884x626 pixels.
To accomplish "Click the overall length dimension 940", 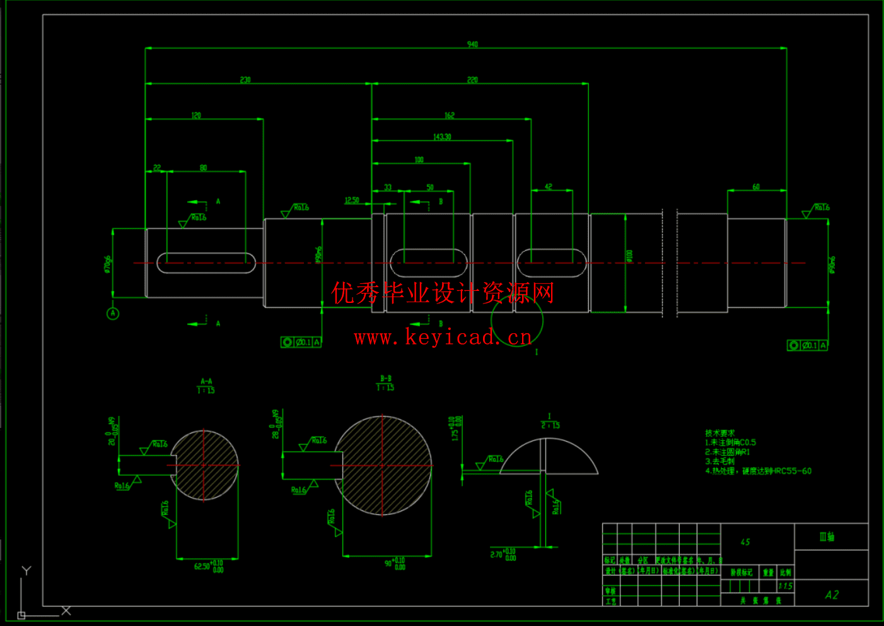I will coord(472,44).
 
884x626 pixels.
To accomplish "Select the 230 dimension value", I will coord(245,80).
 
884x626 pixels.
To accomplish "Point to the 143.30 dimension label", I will coord(442,137).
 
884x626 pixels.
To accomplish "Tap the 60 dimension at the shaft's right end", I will coord(756,187).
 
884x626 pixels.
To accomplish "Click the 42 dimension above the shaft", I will coord(549,187).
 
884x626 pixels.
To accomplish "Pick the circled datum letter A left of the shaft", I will coord(113,313).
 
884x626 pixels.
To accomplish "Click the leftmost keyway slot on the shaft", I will coord(206,263).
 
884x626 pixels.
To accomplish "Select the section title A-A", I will coord(206,381).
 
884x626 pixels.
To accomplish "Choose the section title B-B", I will coord(385,379).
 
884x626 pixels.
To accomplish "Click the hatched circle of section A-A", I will coord(204,465).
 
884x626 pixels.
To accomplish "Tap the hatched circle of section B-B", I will coord(383,466).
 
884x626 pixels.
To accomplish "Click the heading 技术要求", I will coord(719,433).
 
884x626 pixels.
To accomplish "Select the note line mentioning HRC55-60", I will coord(759,471).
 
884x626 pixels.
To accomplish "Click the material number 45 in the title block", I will coord(745,542).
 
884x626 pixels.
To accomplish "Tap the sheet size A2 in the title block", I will coord(832,594).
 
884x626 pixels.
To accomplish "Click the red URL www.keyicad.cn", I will coord(443,338).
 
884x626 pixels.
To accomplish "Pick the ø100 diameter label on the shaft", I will coord(629,256).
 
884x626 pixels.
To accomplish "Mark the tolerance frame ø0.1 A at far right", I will coord(808,345).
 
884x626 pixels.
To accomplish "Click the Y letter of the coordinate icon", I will coord(26,570).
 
